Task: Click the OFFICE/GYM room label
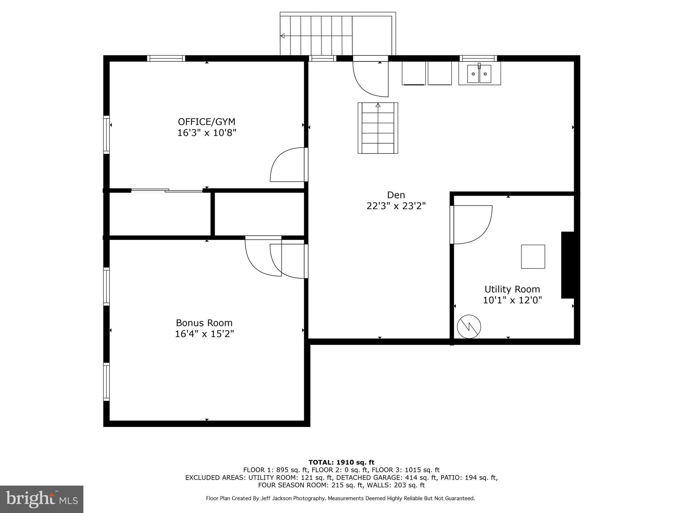[206, 122]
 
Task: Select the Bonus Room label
[204, 323]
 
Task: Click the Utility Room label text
[512, 289]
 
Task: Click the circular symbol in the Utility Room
[469, 327]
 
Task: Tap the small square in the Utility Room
[533, 256]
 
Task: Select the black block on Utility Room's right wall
[568, 265]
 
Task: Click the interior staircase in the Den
[378, 128]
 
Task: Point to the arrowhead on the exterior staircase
[282, 36]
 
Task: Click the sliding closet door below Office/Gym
[167, 191]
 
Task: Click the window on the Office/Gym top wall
[166, 58]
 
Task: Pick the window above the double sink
[478, 58]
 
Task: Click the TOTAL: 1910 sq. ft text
[341, 463]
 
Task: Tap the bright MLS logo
[41, 499]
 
